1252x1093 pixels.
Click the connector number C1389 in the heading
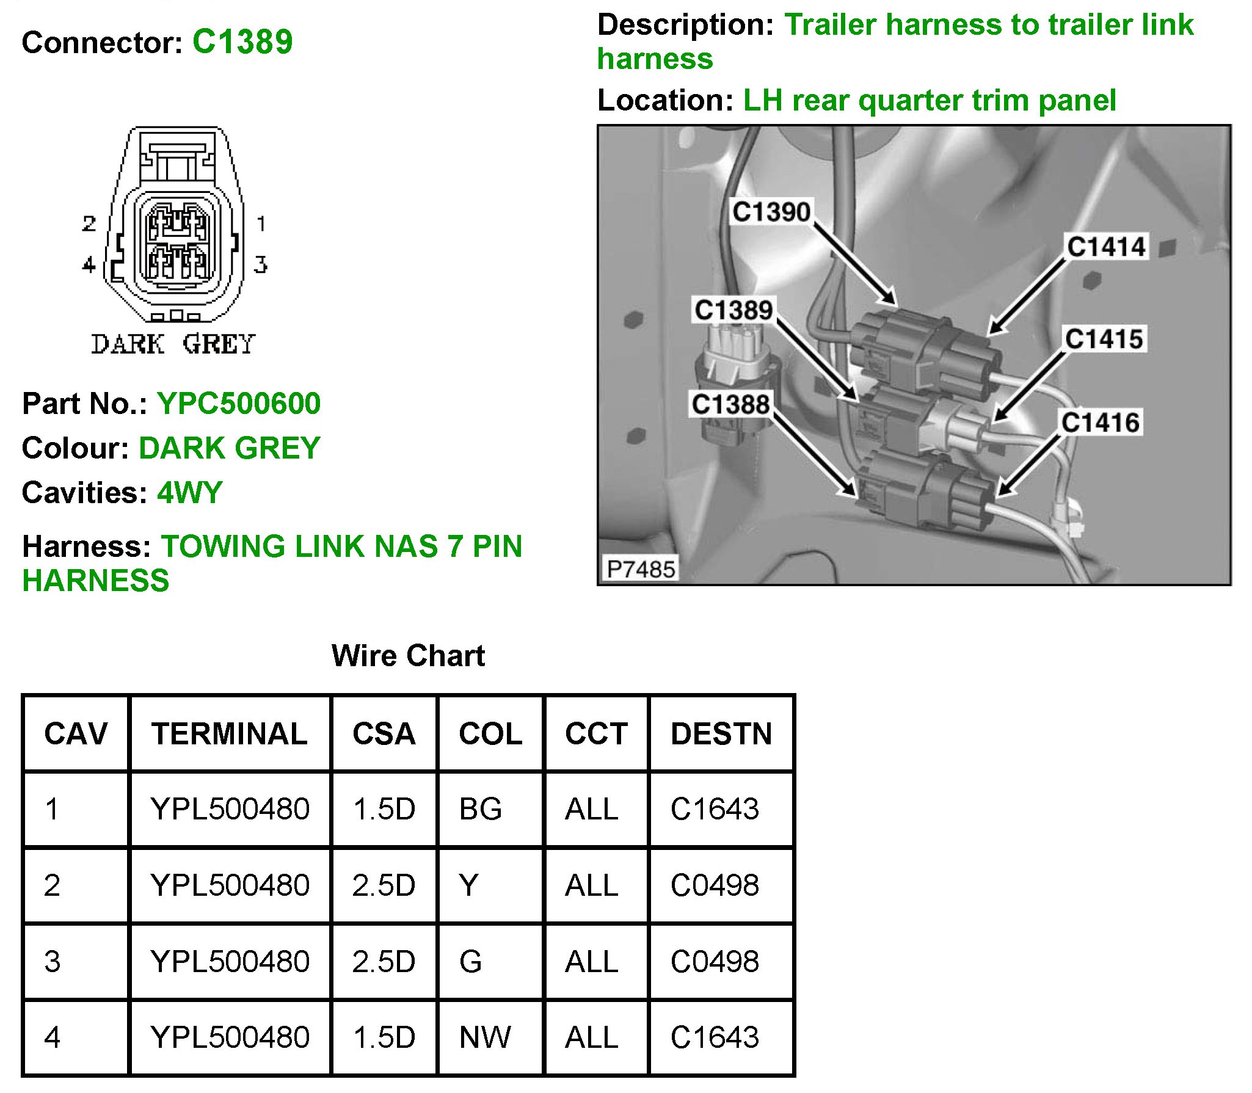pyautogui.click(x=242, y=42)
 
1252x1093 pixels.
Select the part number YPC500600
pyautogui.click(x=238, y=403)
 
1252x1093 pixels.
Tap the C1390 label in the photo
pyautogui.click(x=771, y=212)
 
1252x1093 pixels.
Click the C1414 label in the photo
pyautogui.click(x=1106, y=247)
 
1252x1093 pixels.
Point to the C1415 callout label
pyautogui.click(x=1104, y=339)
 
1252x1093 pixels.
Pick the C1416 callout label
pyautogui.click(x=1100, y=423)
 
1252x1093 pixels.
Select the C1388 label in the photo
pyautogui.click(x=730, y=404)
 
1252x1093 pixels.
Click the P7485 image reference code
pyautogui.click(x=640, y=569)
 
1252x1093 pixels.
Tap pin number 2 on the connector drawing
pyautogui.click(x=89, y=223)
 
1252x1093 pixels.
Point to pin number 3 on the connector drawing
pyautogui.click(x=261, y=264)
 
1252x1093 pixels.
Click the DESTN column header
pyautogui.click(x=721, y=733)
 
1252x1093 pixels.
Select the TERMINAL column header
pyautogui.click(x=230, y=733)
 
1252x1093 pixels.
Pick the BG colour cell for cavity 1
pyautogui.click(x=480, y=809)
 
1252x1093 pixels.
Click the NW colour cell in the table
pyautogui.click(x=485, y=1037)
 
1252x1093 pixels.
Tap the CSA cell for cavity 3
pyautogui.click(x=384, y=961)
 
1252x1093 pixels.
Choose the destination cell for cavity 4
pyautogui.click(x=715, y=1037)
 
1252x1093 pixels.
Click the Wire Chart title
pyautogui.click(x=408, y=656)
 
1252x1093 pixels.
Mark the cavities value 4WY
pyautogui.click(x=190, y=493)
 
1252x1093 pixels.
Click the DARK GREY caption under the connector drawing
pyautogui.click(x=173, y=344)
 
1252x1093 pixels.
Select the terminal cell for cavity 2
pyautogui.click(x=230, y=885)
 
